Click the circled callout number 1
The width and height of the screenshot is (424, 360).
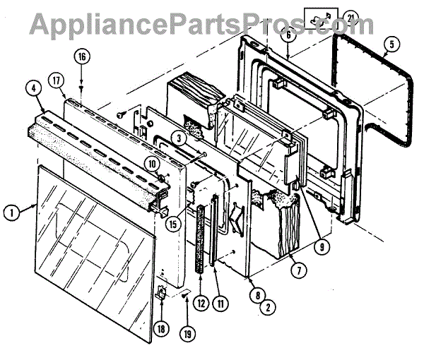point(10,210)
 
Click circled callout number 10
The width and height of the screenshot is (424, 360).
point(153,164)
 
